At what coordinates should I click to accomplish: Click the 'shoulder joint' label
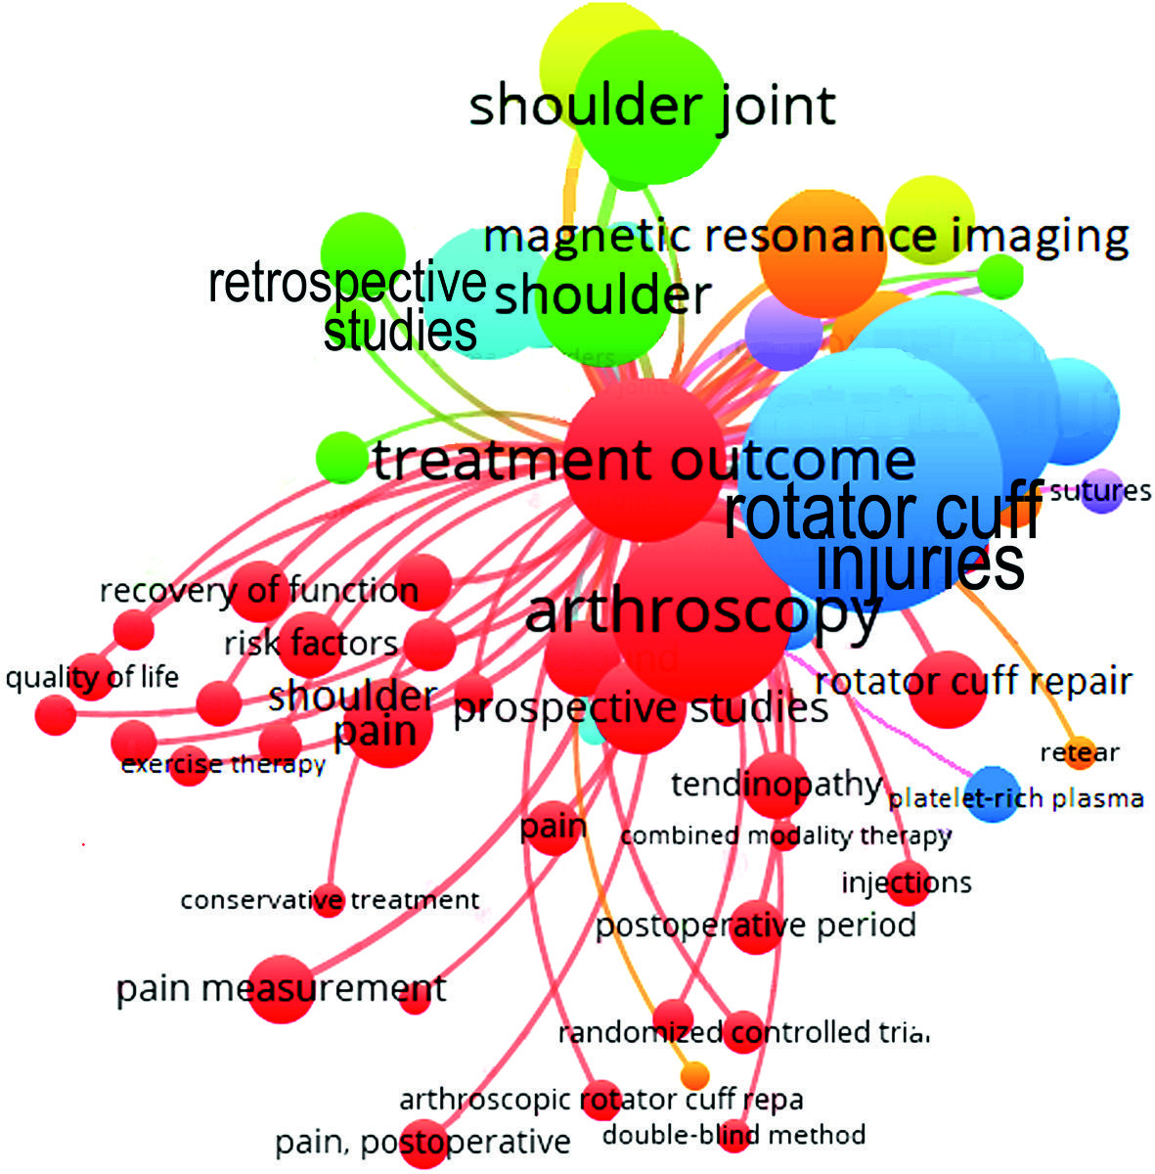point(652,106)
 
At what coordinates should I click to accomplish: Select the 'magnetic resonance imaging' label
point(806,237)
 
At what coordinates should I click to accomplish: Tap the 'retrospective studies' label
point(348,307)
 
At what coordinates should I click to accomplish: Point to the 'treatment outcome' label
point(644,460)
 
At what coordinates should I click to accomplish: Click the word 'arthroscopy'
point(703,612)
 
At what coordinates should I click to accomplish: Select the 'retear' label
point(1080,752)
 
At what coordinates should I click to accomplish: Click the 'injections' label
point(907,883)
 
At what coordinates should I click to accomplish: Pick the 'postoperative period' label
point(756,925)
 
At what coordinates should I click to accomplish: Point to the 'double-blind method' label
point(733,1135)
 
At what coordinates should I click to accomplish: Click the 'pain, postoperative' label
point(422,1142)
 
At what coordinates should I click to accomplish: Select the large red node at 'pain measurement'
point(282,989)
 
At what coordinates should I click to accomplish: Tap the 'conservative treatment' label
point(330,900)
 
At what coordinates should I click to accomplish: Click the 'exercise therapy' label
point(223,764)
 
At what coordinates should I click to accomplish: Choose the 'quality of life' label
point(92,677)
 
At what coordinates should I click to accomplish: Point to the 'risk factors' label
point(311,644)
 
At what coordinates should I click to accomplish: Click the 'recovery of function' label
point(259,591)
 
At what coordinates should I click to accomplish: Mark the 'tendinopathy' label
point(777,785)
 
